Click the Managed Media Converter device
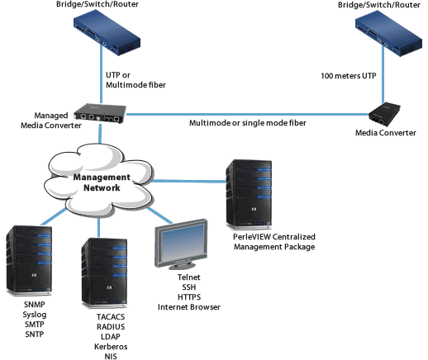(100, 113)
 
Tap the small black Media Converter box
(384, 115)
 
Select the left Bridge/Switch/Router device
(107, 33)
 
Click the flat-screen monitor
(181, 244)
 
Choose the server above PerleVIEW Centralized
(249, 194)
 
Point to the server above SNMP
(29, 261)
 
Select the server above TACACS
(104, 273)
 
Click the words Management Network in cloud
(102, 182)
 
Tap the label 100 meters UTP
(349, 76)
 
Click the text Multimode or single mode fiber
(248, 123)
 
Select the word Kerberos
(111, 347)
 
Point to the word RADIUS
(111, 327)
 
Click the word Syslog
(35, 315)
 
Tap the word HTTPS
(189, 297)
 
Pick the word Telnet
(189, 277)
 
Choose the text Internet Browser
(189, 307)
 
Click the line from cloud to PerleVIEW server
(188, 181)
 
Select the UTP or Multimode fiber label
(136, 80)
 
